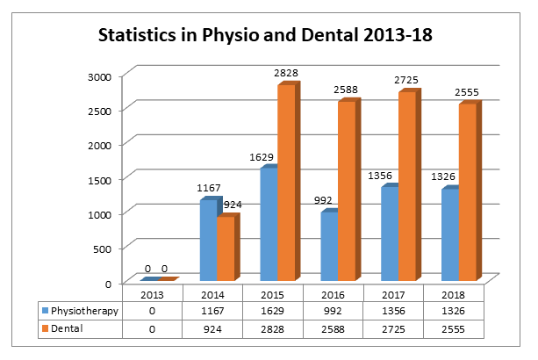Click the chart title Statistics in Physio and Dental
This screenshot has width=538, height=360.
(x=265, y=35)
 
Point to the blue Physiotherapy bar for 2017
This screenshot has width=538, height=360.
(x=391, y=233)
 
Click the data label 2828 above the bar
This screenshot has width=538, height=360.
(x=286, y=73)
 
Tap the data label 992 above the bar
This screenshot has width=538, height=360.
(x=323, y=200)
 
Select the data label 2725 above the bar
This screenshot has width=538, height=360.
(x=406, y=80)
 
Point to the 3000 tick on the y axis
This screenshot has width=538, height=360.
(x=99, y=77)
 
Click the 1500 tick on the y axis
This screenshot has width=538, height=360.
(x=99, y=180)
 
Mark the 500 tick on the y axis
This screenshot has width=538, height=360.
(x=103, y=249)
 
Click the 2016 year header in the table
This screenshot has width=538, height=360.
(x=333, y=295)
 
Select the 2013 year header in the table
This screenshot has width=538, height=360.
(x=153, y=295)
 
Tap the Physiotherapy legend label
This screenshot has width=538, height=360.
(x=84, y=311)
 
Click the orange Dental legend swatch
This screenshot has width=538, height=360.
(x=45, y=328)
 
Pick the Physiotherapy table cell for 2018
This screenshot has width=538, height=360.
(x=453, y=311)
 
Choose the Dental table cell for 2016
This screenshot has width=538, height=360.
(x=333, y=329)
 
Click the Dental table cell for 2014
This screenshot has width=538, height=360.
(x=212, y=329)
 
